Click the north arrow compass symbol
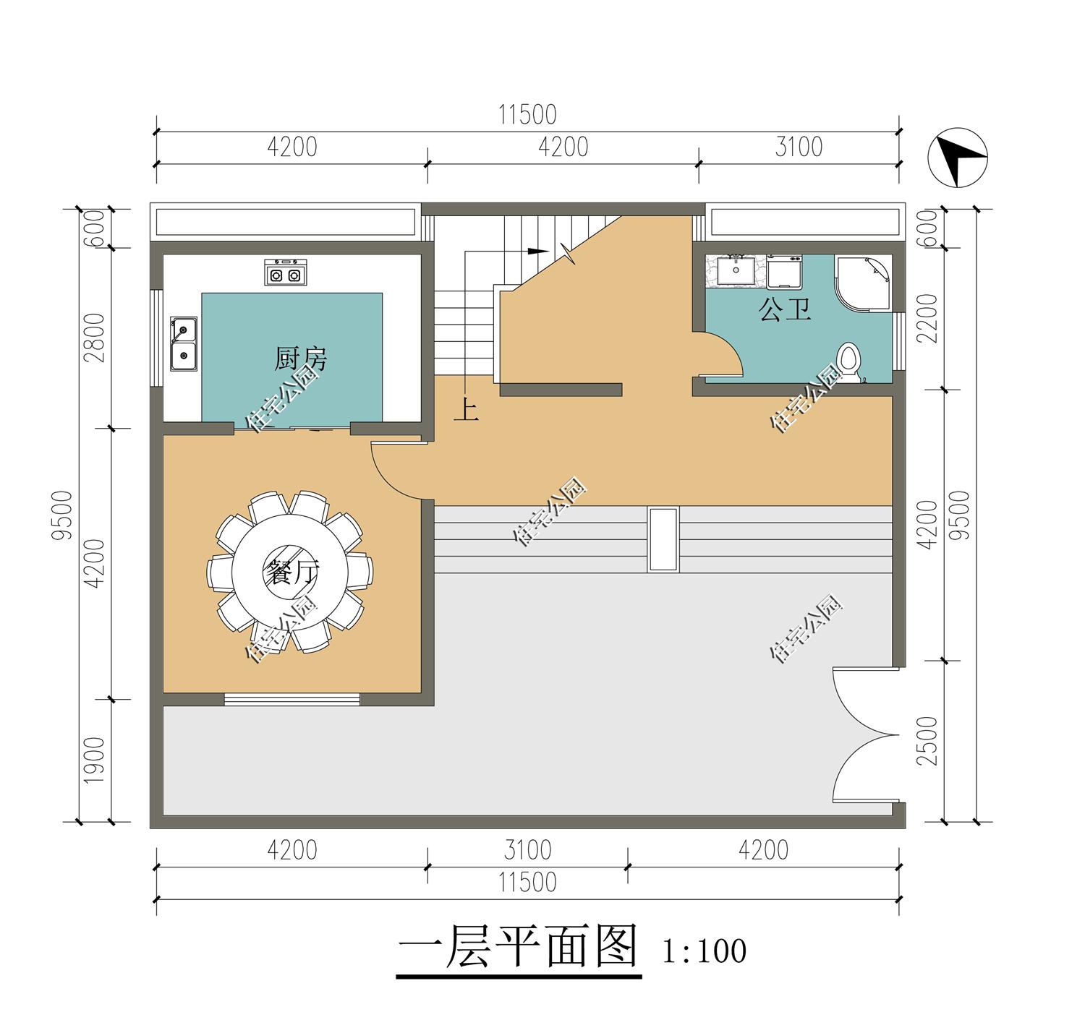point(958,158)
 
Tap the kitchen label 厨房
point(300,359)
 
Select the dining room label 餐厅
point(292,573)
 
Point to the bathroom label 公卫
point(784,309)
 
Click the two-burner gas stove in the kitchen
point(286,272)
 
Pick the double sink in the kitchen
point(184,343)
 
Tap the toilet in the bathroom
point(849,360)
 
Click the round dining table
point(289,571)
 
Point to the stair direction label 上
point(466,410)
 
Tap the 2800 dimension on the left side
point(95,338)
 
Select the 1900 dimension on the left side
point(95,760)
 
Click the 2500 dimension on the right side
point(927,741)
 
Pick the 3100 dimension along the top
point(799,147)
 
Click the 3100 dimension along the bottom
point(528,850)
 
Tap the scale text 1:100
point(705,951)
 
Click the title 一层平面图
point(518,946)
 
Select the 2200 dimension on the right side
point(927,318)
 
